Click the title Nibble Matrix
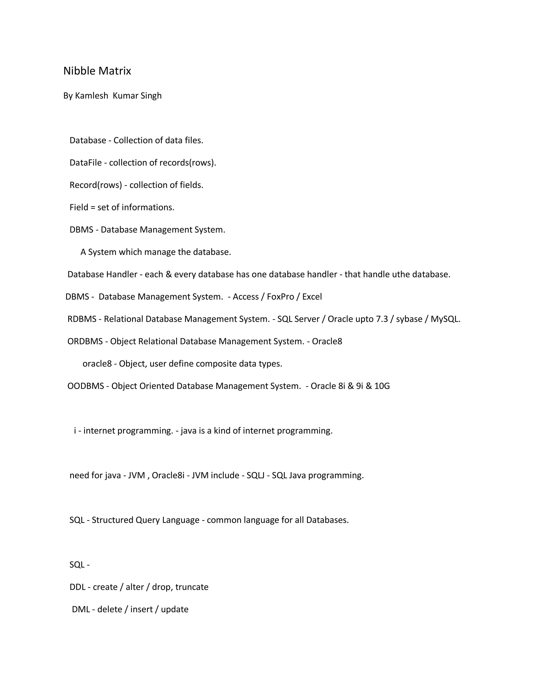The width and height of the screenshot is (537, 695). (97, 71)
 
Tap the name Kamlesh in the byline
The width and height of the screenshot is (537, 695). (91, 96)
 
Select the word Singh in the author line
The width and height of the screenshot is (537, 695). (151, 96)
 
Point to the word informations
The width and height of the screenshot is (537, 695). (148, 207)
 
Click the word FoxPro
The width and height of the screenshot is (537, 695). (280, 297)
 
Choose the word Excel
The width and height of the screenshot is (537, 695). (312, 297)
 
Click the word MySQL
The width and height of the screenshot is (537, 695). (445, 319)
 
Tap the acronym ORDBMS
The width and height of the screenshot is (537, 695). (85, 341)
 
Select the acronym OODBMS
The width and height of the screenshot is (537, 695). (85, 386)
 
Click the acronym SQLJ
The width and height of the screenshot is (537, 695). (255, 475)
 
